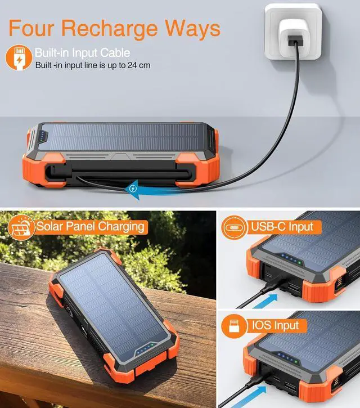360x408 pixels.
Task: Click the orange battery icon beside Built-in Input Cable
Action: (19, 58)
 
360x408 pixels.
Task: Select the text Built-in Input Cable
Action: (82, 53)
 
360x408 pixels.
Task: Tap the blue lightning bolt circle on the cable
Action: (133, 189)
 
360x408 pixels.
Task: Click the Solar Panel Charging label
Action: (90, 227)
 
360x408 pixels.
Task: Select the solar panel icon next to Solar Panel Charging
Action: (21, 227)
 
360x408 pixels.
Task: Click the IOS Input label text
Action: (276, 325)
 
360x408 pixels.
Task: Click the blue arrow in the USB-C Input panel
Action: (264, 299)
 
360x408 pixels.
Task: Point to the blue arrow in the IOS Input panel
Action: (264, 397)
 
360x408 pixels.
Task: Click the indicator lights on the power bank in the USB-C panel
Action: (290, 259)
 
